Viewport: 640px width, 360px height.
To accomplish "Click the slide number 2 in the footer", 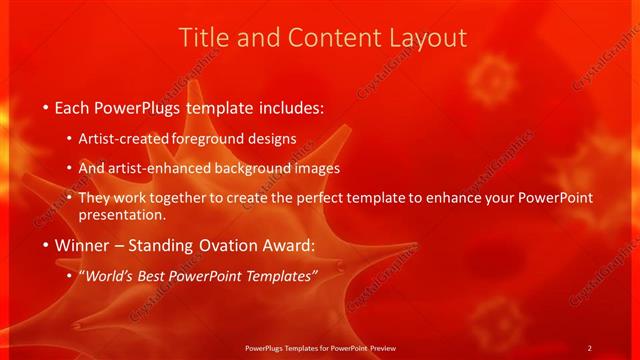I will point(589,348).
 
